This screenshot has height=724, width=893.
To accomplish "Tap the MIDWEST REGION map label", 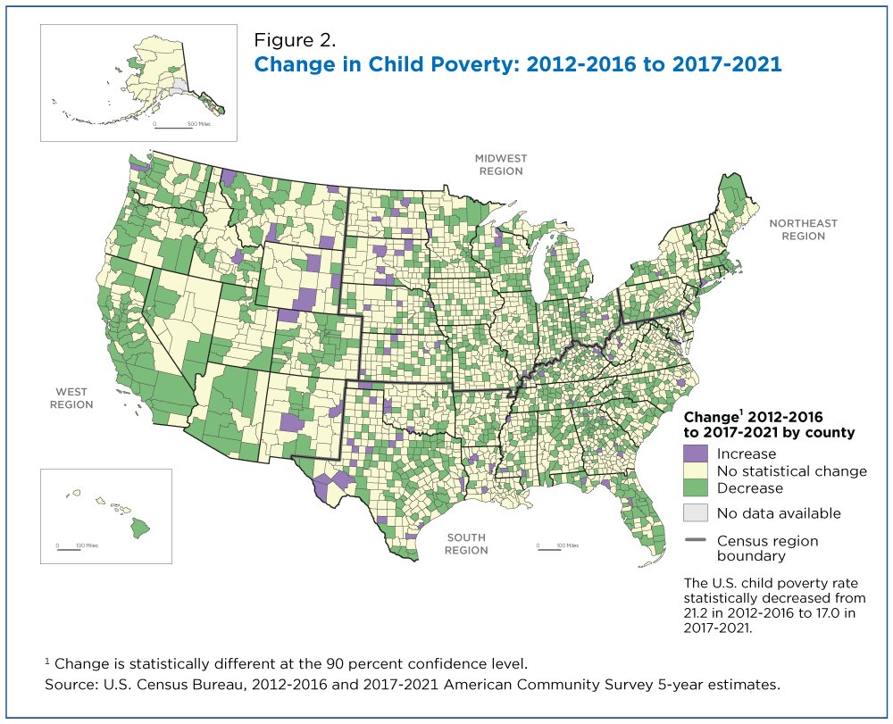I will point(501,164).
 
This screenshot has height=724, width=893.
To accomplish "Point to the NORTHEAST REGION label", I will point(804,229).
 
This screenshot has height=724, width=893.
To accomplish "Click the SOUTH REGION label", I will point(466,544).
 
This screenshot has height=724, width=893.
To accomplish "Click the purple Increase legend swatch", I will point(696,454).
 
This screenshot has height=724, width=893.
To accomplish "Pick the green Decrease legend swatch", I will point(696,488).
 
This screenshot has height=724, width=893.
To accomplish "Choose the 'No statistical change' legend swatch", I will point(696,470).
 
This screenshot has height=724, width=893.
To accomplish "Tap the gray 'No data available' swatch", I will point(696,512).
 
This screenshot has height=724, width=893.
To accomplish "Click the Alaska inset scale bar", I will point(173,127).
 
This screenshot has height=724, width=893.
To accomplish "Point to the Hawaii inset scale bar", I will point(69,549).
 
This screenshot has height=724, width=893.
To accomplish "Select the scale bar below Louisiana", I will point(547,549).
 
